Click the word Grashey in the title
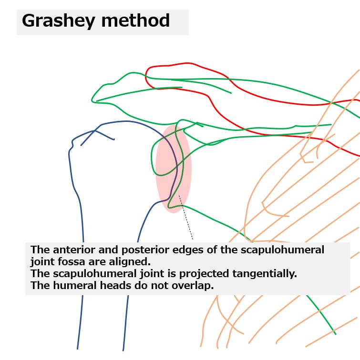pos(58,21)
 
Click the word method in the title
pos(135,20)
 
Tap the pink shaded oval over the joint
pos(174,169)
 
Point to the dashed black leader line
pos(186,217)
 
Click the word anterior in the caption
pos(74,250)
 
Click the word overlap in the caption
pos(193,286)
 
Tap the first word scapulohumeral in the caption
pos(283,250)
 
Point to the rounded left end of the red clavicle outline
pos(146,77)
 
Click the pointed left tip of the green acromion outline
pos(92,100)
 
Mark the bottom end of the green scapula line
pos(335,334)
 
